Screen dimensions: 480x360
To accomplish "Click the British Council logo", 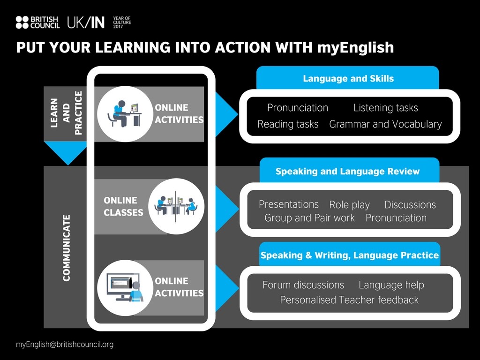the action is pyautogui.click(x=37, y=22).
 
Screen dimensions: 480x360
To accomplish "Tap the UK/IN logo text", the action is pyautogui.click(x=86, y=22).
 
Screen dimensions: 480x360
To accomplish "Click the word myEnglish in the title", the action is pyautogui.click(x=355, y=48).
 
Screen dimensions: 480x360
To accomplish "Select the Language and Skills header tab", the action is pyautogui.click(x=348, y=78).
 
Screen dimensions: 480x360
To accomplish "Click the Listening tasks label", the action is pyautogui.click(x=386, y=108).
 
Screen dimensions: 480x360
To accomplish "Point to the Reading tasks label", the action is pyautogui.click(x=288, y=124).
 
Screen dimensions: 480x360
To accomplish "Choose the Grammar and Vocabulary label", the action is pyautogui.click(x=385, y=124).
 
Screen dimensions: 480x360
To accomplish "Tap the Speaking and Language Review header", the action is pyautogui.click(x=347, y=171).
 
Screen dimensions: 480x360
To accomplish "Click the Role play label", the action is pyautogui.click(x=349, y=205).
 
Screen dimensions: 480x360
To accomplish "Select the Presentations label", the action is pyautogui.click(x=288, y=204).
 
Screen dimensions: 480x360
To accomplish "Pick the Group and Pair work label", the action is pyautogui.click(x=309, y=218).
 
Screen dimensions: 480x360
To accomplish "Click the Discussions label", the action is pyautogui.click(x=410, y=204).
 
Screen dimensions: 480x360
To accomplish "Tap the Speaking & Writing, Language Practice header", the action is pyautogui.click(x=350, y=255).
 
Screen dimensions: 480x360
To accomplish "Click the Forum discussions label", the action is pyautogui.click(x=303, y=285).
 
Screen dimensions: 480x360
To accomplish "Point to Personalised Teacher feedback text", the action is pyautogui.click(x=349, y=300).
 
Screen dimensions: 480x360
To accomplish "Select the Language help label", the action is pyautogui.click(x=391, y=285).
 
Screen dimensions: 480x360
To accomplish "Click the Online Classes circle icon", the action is pyautogui.click(x=176, y=206).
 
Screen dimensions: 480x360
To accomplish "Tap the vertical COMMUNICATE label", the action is pyautogui.click(x=67, y=248).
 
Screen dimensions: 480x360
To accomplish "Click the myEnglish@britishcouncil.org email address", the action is pyautogui.click(x=65, y=345).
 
